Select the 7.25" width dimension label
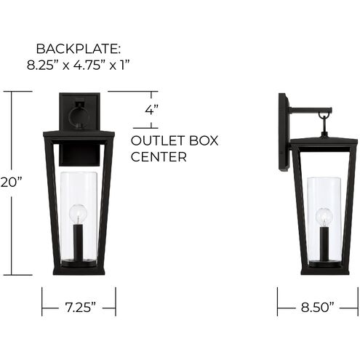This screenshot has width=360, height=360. coord(78,308)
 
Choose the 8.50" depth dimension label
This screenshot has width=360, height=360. coord(317,308)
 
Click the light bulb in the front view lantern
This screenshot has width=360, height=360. coord(78,214)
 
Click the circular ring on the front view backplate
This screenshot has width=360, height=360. coord(78,116)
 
